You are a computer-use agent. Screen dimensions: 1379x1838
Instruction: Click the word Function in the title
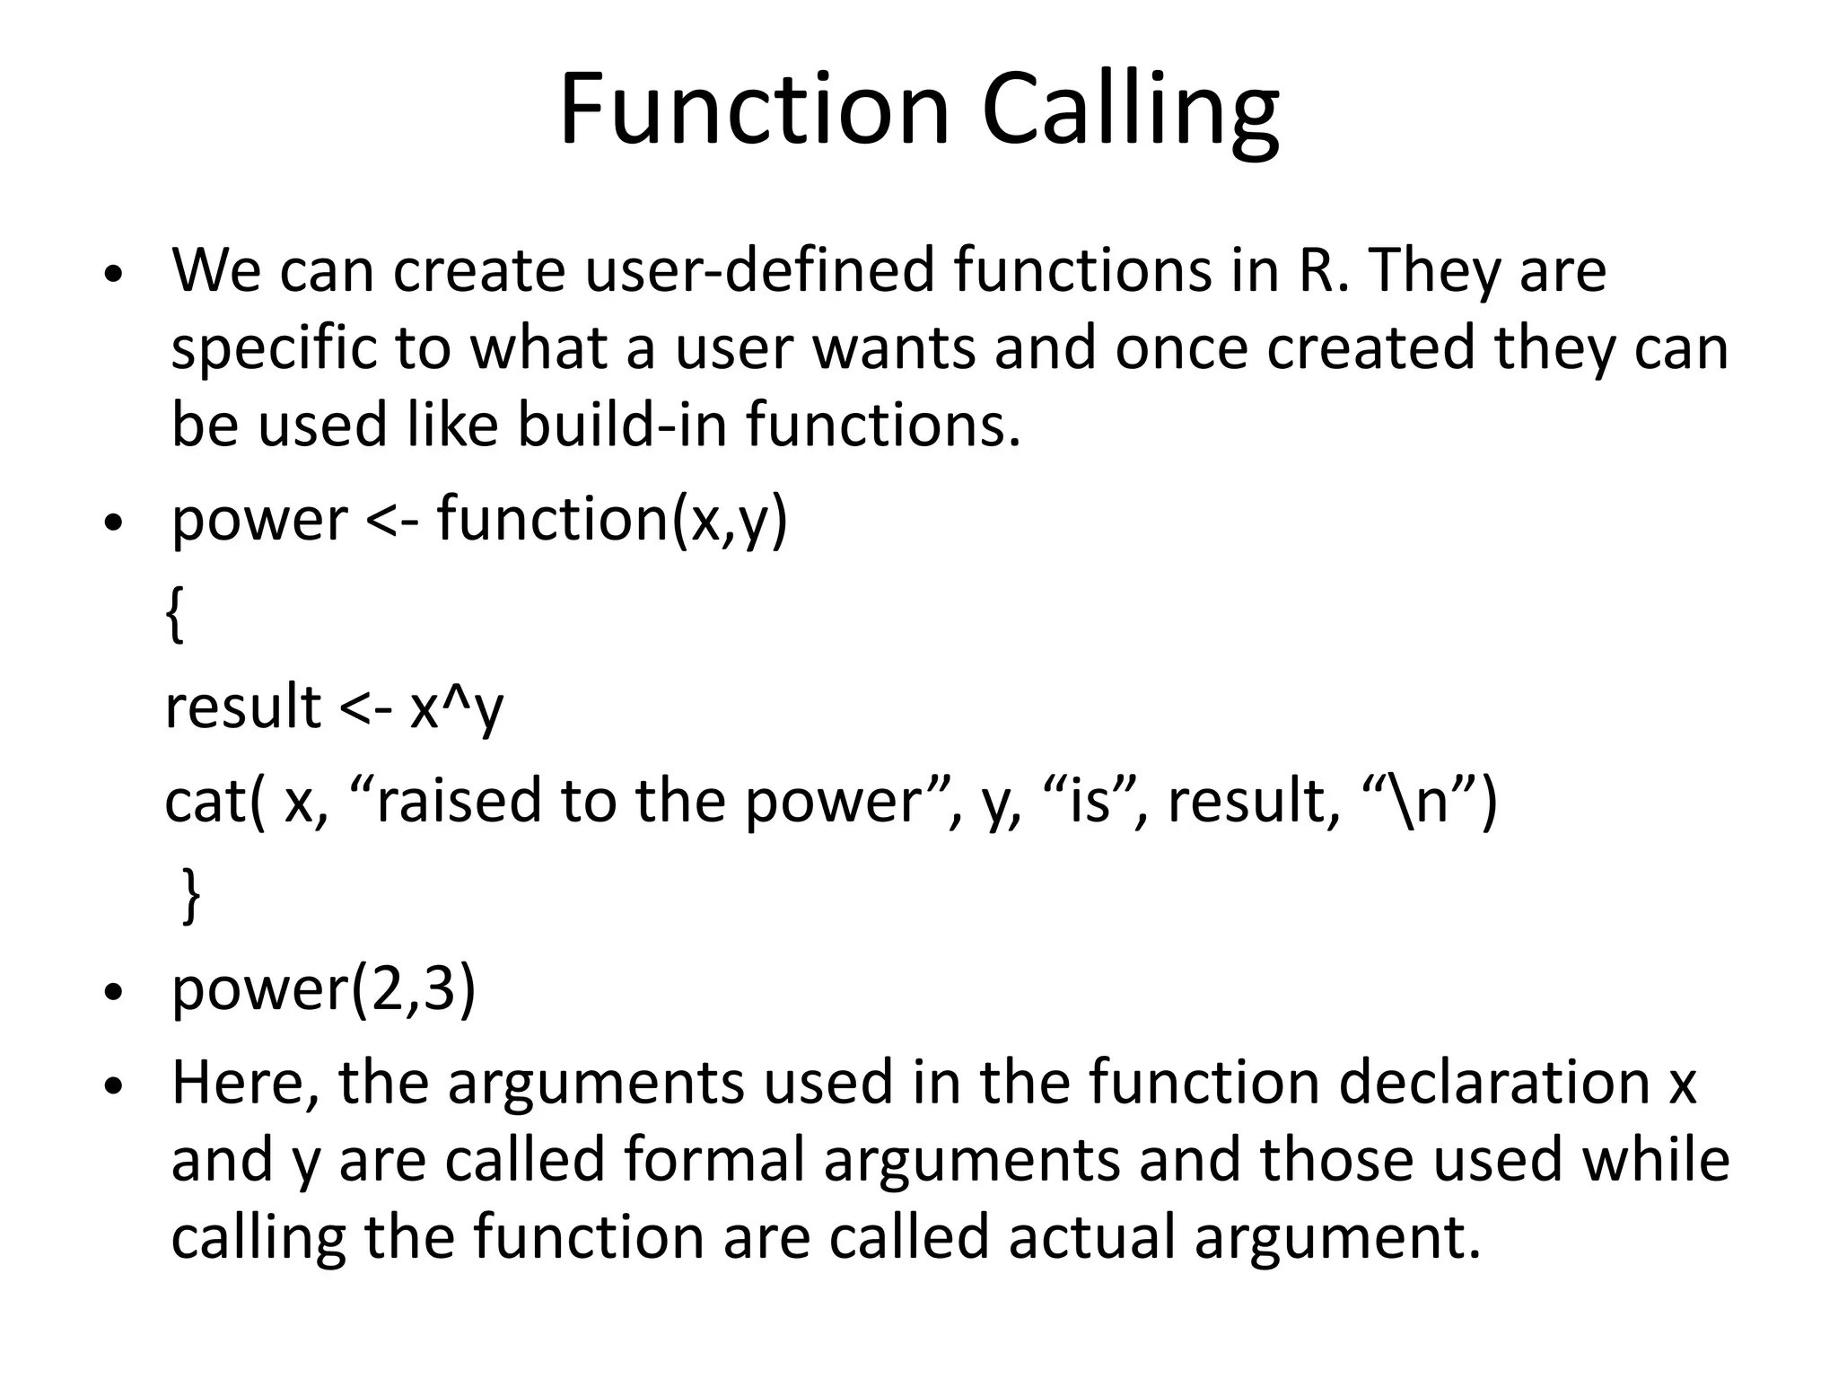point(754,112)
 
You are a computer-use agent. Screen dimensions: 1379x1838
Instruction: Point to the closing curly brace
point(190,895)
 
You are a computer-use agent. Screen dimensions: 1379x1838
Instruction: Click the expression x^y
point(456,707)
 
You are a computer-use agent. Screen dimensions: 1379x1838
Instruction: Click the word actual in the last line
point(1091,1236)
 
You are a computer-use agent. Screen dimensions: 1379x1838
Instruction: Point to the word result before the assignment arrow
point(243,707)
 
